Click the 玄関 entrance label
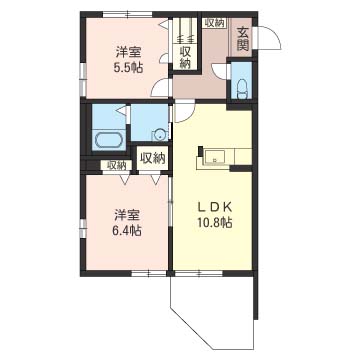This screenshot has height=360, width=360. (243, 38)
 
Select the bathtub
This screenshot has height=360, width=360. (108, 140)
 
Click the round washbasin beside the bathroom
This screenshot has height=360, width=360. (160, 135)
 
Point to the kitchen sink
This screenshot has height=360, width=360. (215, 157)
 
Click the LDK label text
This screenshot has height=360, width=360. (215, 207)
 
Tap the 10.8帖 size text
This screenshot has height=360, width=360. (215, 222)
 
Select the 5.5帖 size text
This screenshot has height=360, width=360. (128, 68)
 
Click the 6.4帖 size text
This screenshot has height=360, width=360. (127, 230)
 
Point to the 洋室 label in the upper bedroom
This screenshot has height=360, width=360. (128, 53)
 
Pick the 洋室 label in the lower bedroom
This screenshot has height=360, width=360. (127, 215)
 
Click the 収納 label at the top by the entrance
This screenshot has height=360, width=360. (215, 23)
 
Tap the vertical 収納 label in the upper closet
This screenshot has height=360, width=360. (185, 58)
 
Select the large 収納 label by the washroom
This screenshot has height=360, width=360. (153, 158)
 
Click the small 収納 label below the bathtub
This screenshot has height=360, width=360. (117, 165)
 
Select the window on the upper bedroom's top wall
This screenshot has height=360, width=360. (127, 14)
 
